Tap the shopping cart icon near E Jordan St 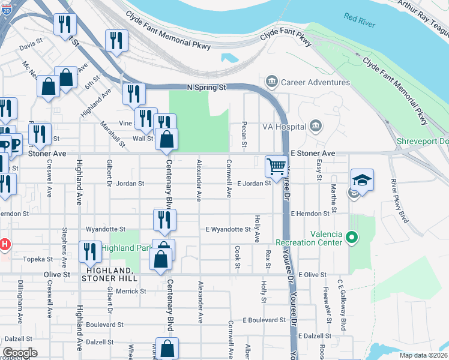pos(276,166)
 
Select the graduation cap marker pos(362,180)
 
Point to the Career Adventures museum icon pos(271,82)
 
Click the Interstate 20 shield pos(5,12)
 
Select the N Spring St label pos(206,88)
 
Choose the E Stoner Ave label pos(313,154)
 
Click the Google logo pos(20,352)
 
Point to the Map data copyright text pos(423,355)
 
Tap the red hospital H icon pos(5,244)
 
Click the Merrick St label pos(131,291)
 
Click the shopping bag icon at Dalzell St pos(169,349)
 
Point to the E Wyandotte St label pos(228,229)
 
